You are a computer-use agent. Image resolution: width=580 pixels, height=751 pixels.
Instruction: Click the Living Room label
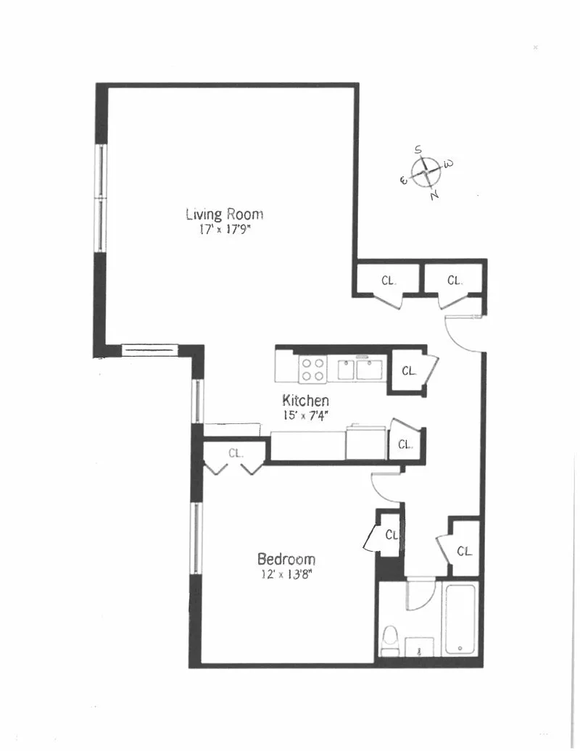click(225, 214)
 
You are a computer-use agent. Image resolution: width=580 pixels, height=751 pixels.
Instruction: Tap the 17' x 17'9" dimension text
click(225, 230)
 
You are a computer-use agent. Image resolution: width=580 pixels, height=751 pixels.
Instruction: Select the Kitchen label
click(305, 400)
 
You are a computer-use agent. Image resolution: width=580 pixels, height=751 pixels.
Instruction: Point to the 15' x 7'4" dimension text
click(305, 415)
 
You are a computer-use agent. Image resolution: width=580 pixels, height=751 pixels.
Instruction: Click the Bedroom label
click(286, 559)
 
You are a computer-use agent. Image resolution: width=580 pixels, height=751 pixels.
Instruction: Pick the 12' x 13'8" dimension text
click(286, 574)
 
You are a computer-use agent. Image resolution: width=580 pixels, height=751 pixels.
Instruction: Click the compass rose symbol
click(426, 172)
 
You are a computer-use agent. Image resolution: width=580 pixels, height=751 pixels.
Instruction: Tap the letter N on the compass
click(434, 195)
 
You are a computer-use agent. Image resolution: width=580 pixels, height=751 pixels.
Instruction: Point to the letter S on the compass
click(418, 149)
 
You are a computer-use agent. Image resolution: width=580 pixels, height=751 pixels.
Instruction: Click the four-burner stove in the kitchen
click(312, 369)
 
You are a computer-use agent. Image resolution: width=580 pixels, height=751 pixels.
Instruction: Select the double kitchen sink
click(360, 369)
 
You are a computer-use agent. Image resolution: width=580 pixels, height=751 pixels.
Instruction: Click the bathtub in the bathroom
click(460, 619)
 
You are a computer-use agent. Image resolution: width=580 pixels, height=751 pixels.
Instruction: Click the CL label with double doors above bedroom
click(235, 452)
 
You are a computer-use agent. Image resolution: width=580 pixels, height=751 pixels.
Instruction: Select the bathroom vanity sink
click(420, 647)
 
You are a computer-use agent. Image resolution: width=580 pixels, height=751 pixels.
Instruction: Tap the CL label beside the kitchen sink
click(409, 370)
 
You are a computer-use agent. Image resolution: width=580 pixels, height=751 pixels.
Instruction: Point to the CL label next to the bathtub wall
click(464, 551)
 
